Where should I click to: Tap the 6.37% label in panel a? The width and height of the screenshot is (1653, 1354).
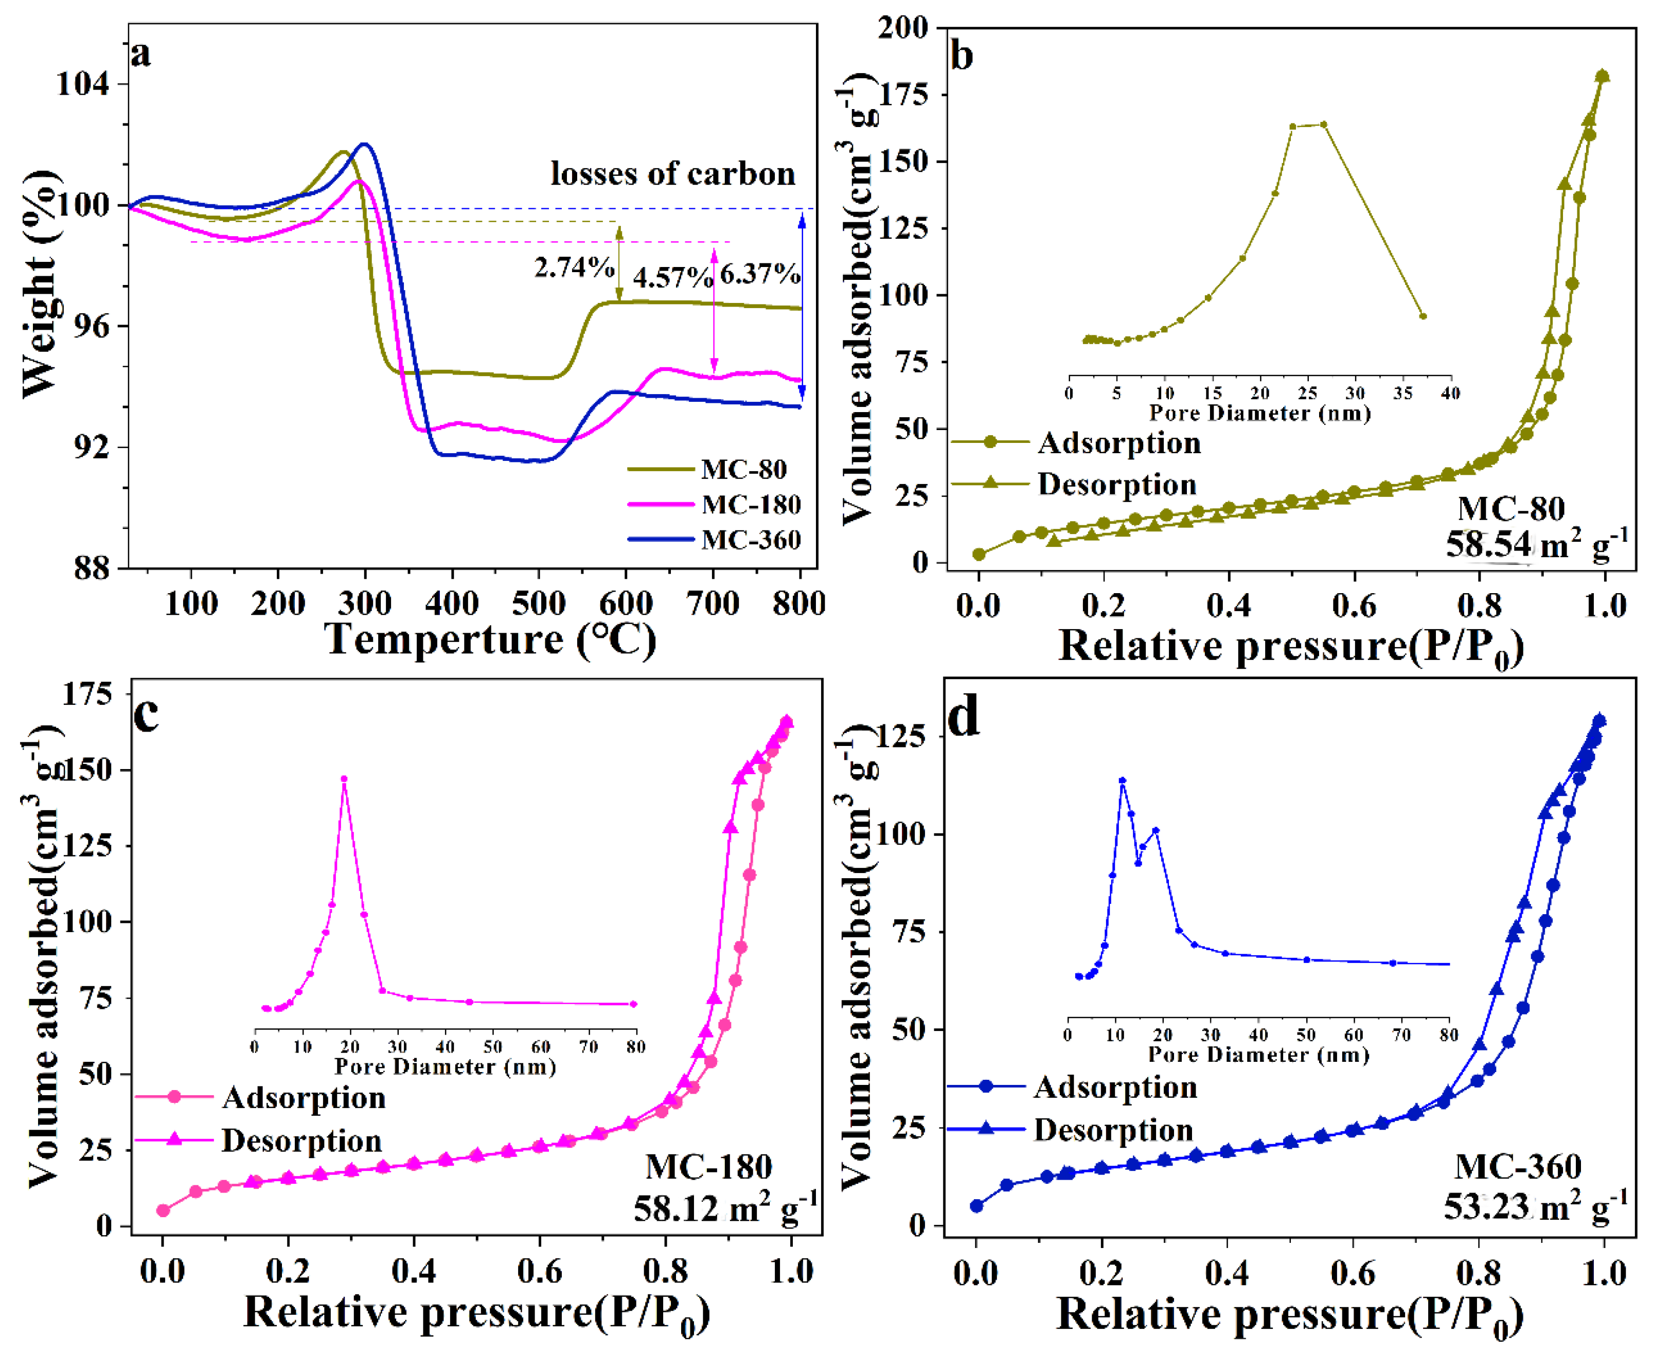[x=759, y=275]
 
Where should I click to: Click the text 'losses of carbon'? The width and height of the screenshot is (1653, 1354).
[x=672, y=173]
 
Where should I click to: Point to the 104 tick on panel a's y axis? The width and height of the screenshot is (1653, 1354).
[x=82, y=83]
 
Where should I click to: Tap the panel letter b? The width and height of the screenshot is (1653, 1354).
[x=962, y=56]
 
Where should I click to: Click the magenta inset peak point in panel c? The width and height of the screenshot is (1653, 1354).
[x=344, y=778]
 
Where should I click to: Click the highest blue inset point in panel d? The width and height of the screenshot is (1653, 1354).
[x=1123, y=780]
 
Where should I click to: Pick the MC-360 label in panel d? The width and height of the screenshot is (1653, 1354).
[x=1517, y=1167]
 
